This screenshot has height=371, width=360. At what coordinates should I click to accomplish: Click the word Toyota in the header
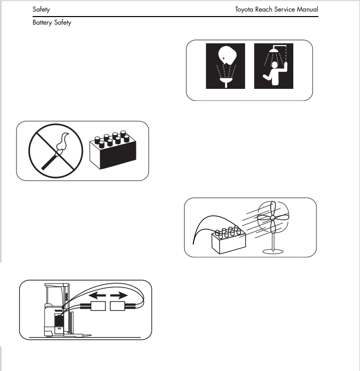244,10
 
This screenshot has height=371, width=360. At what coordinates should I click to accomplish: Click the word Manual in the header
307,9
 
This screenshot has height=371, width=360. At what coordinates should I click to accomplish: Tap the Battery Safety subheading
52,23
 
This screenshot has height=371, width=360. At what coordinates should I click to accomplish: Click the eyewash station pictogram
226,66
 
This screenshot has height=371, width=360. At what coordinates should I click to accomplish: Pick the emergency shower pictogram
274,66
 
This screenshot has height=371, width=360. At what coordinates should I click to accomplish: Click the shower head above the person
274,50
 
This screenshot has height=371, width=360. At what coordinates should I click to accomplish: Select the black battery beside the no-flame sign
113,150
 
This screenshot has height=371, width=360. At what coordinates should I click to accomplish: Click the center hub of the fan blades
273,218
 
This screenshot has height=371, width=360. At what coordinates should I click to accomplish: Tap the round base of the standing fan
273,251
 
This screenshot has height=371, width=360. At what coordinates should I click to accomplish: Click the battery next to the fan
228,239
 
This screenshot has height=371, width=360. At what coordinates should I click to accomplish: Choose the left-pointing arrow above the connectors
97,295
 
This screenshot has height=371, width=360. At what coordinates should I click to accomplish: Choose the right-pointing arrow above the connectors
119,295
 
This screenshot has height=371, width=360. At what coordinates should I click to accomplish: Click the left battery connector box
98,306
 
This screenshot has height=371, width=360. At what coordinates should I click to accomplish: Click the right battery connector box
117,306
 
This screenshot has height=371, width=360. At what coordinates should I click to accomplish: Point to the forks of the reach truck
78,335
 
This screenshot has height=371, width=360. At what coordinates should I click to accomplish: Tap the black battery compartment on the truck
59,321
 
